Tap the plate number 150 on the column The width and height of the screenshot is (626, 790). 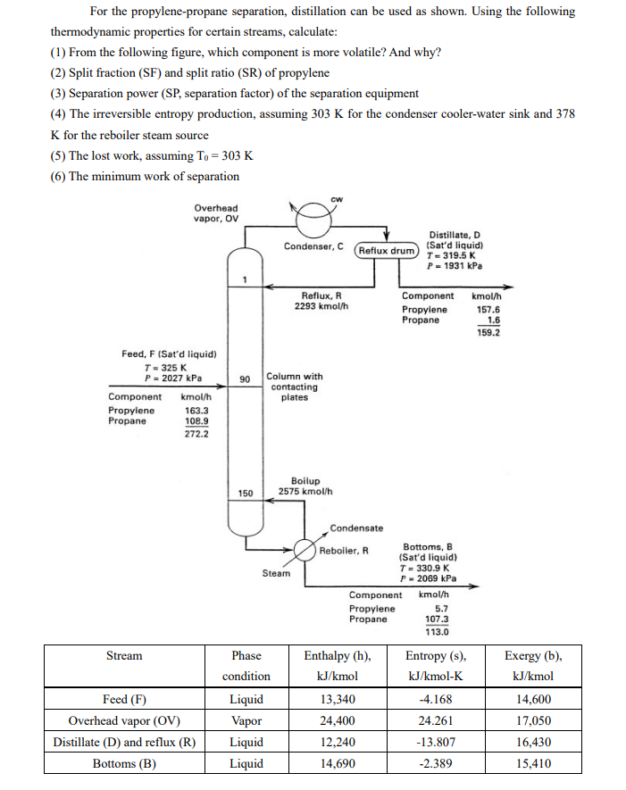coord(245,493)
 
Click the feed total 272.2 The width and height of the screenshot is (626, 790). coord(194,435)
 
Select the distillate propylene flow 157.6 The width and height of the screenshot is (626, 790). coord(487,310)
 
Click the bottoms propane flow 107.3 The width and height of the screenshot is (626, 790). coord(436,619)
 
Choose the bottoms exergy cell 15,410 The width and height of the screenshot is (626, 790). coord(534,763)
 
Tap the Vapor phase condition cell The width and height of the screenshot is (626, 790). coord(246,720)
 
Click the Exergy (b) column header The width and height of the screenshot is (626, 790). coord(534,655)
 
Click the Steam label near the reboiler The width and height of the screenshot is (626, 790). coord(276,573)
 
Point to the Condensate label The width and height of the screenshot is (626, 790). coord(356,527)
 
